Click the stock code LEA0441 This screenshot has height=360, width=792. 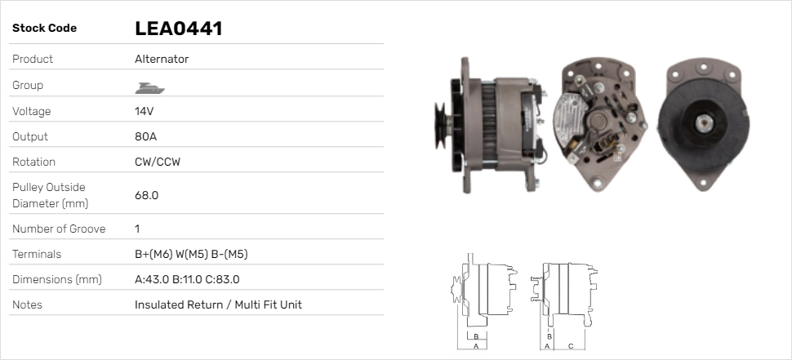coord(178,29)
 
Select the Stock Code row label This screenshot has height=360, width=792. coord(44,29)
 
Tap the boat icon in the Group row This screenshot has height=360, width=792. coord(149,88)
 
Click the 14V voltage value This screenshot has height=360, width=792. coord(144,111)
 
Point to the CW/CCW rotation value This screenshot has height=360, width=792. coord(158,162)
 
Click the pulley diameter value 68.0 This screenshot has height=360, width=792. coord(146,195)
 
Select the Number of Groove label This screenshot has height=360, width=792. coord(59,229)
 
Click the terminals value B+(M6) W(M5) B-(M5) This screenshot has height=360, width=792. coord(191,254)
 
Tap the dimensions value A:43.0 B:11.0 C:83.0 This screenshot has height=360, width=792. coord(187,279)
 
